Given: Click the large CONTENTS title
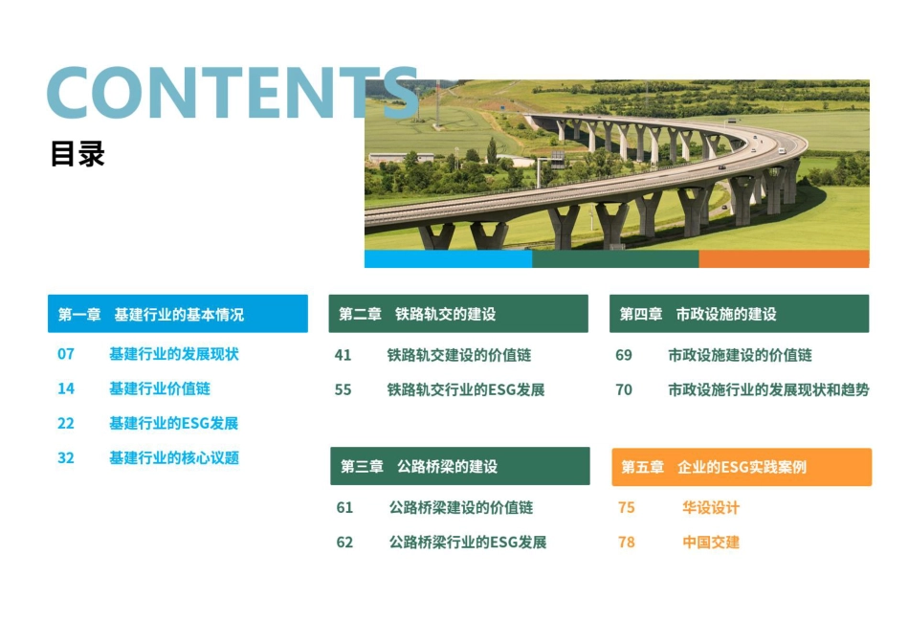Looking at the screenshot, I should click(232, 94).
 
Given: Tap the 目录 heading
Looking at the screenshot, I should click(78, 154).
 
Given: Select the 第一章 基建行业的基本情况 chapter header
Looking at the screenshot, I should click(178, 314).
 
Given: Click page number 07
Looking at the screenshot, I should click(66, 354).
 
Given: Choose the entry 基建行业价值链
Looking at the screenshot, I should click(160, 388).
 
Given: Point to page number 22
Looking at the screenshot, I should click(66, 423).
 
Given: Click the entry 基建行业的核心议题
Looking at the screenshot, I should click(174, 457).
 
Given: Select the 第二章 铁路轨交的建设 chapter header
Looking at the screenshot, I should click(458, 314).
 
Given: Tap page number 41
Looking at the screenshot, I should click(343, 355).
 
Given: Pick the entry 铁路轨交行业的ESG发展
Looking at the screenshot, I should click(466, 389).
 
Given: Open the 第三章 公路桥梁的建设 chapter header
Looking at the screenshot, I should click(460, 466).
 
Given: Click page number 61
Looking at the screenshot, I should click(344, 507).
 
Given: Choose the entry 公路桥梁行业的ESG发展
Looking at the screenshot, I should click(468, 542).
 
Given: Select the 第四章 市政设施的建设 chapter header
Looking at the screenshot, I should click(739, 314).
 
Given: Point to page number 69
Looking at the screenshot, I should click(624, 355).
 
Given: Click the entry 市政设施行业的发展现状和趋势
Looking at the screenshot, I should click(768, 389).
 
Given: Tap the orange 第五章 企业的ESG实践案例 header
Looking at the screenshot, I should click(742, 467).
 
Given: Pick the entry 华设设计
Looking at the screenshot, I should click(711, 507).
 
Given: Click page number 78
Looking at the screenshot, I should click(627, 542).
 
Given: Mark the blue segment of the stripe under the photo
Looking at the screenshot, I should click(448, 259).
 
